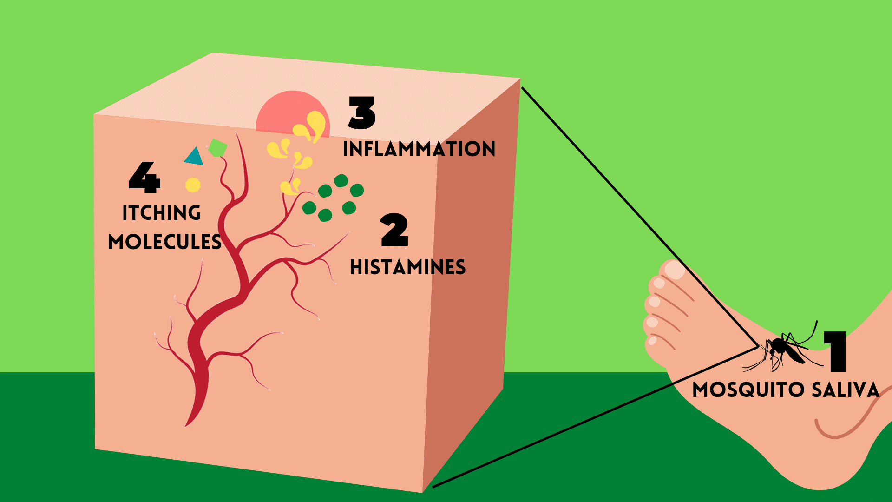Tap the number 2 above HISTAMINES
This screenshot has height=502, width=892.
(394, 230)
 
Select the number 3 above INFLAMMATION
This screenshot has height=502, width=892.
(362, 113)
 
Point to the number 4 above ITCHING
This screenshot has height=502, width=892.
(144, 178)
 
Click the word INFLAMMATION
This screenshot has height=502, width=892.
(419, 149)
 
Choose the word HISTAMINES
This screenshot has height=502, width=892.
(407, 267)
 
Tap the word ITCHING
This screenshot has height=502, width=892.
(162, 213)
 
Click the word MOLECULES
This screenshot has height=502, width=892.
(165, 242)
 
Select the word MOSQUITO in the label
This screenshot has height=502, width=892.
(748, 390)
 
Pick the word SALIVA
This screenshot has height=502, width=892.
(846, 390)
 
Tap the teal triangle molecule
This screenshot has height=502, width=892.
(194, 157)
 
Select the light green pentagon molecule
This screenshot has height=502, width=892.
(217, 148)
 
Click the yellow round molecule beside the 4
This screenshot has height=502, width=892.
(193, 185)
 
